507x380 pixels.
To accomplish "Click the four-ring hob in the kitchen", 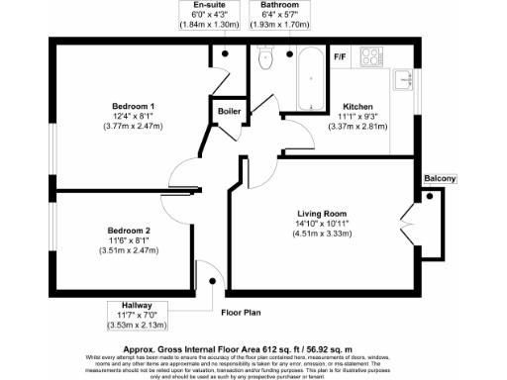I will (x=373, y=56).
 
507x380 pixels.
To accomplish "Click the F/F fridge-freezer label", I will (x=339, y=56).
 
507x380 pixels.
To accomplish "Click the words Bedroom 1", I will (x=132, y=106).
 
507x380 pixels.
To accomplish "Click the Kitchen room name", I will (x=356, y=106).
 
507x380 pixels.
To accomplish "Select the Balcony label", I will (x=441, y=178).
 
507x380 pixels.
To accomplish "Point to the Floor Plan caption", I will (x=240, y=312).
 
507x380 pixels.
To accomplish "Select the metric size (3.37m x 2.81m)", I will (x=356, y=127).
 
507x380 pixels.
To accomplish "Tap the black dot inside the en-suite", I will (x=226, y=52).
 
